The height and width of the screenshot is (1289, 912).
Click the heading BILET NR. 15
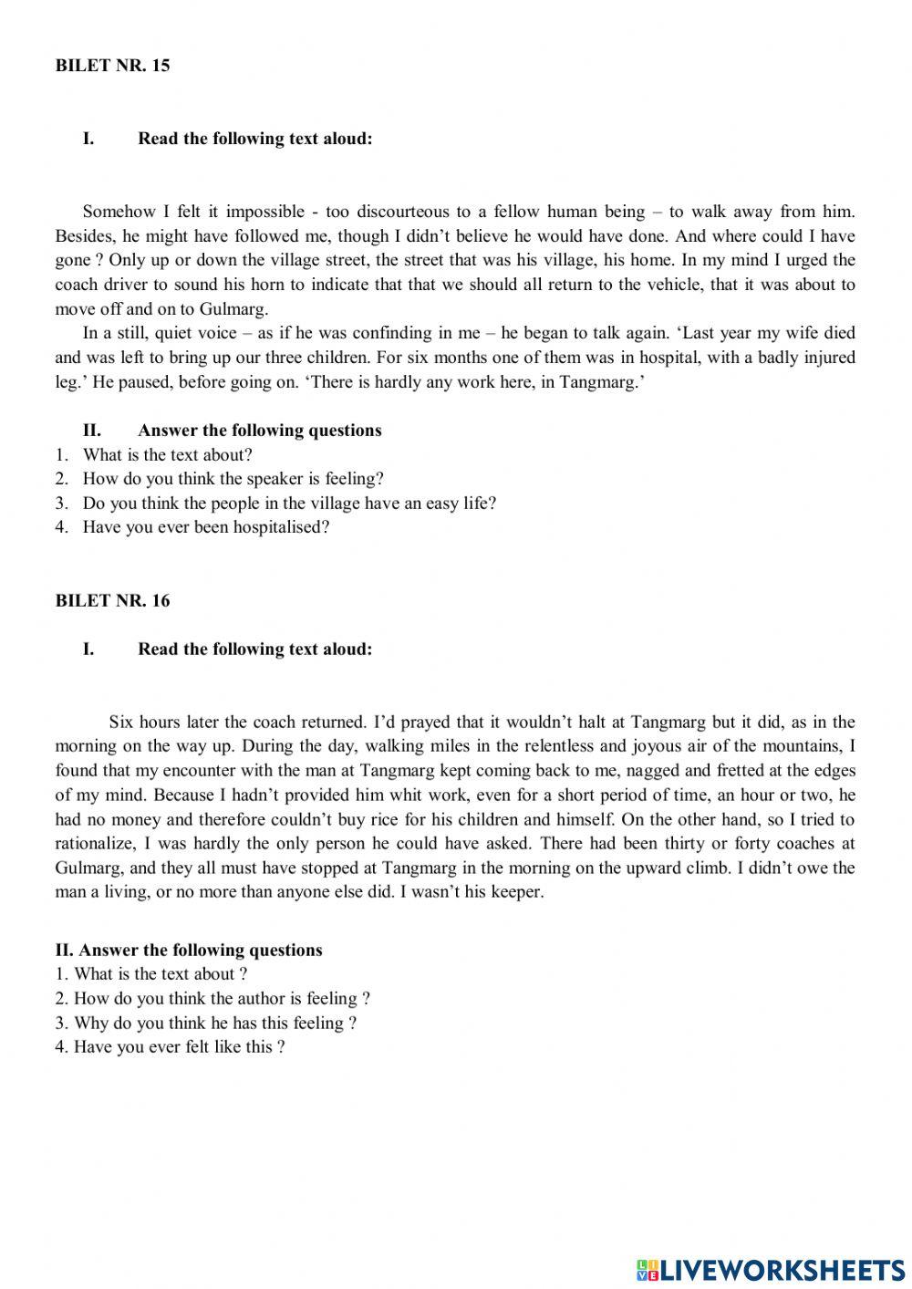pos(112,66)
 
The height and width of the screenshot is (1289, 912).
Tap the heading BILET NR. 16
pos(112,600)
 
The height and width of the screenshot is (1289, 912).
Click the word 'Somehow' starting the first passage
pos(119,212)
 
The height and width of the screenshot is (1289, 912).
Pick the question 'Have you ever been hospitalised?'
pos(205,527)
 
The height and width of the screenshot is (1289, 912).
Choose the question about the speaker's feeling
pos(233,479)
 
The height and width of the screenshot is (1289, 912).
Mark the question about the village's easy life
pos(289,504)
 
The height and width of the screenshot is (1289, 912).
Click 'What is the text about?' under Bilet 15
pos(167,455)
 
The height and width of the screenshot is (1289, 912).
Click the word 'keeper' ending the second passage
pos(517,892)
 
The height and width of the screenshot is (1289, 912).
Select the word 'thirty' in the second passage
pos(698,844)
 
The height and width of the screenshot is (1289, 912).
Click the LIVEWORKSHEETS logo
pos(771,1269)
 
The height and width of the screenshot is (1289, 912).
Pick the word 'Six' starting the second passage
pos(121,722)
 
